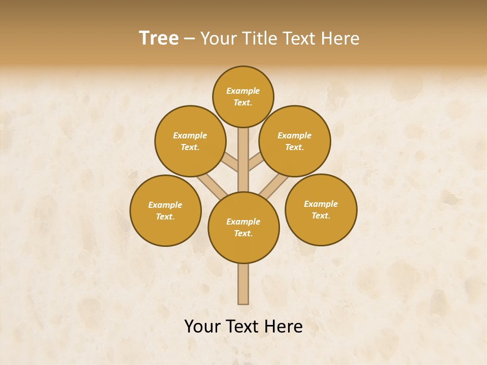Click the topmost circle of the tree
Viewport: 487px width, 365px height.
243,96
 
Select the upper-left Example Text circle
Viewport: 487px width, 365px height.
190,141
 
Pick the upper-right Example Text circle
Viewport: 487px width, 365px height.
295,141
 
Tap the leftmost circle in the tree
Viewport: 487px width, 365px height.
165,210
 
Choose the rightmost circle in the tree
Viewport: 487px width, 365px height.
321,209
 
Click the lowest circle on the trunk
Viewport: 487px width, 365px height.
243,227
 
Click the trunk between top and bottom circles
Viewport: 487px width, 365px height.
243,167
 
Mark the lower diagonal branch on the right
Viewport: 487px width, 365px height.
274,186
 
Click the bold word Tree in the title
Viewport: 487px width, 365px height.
159,39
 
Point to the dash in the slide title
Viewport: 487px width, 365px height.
189,39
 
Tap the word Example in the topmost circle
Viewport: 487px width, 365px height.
243,91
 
